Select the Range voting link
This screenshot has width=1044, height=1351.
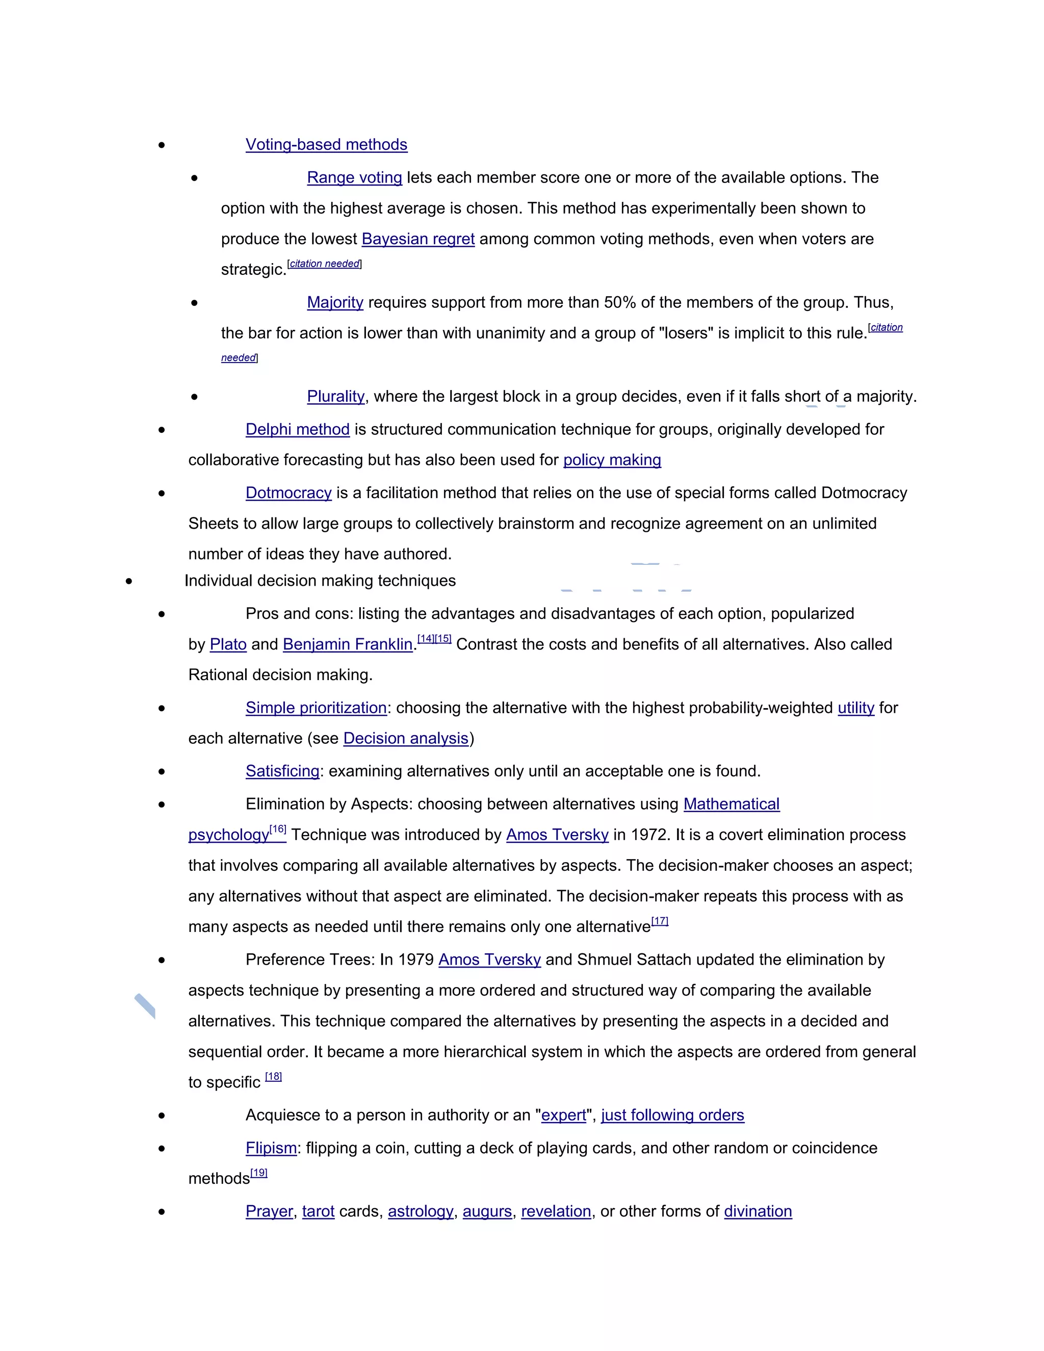tap(354, 177)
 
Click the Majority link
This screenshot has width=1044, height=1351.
tap(335, 302)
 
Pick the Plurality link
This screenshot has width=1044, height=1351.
tap(336, 396)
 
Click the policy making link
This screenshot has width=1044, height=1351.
tap(612, 460)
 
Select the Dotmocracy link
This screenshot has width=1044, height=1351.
tap(289, 492)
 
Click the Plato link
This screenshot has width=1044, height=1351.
tap(228, 644)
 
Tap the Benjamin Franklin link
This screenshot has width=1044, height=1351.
tap(348, 644)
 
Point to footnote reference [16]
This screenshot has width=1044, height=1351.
tap(278, 829)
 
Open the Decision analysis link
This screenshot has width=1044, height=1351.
tap(406, 738)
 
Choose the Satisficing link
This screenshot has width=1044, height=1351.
tap(282, 771)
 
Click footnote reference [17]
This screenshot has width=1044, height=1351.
tap(660, 921)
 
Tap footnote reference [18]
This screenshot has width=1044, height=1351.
tap(273, 1076)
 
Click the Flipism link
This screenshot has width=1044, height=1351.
tap(271, 1148)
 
